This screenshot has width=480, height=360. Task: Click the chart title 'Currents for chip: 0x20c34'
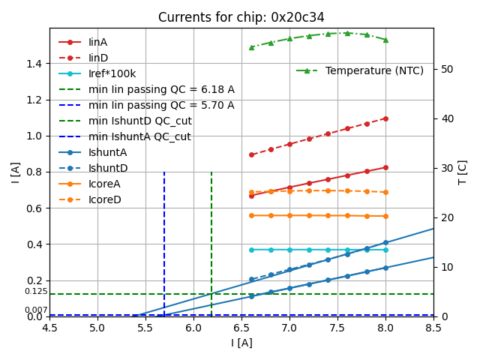241,17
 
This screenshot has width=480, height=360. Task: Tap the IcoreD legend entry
104,199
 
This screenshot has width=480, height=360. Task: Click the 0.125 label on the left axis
35,291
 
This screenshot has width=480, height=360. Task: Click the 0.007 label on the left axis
35,310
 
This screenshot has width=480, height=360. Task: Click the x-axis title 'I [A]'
241,343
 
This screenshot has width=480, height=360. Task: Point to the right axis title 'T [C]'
463,172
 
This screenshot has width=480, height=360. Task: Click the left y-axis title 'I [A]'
15,172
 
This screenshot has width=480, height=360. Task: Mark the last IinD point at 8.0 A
385,118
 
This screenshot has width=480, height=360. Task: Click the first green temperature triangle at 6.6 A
251,47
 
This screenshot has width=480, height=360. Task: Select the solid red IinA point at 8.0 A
385,167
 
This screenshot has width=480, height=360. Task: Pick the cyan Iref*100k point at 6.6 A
251,250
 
